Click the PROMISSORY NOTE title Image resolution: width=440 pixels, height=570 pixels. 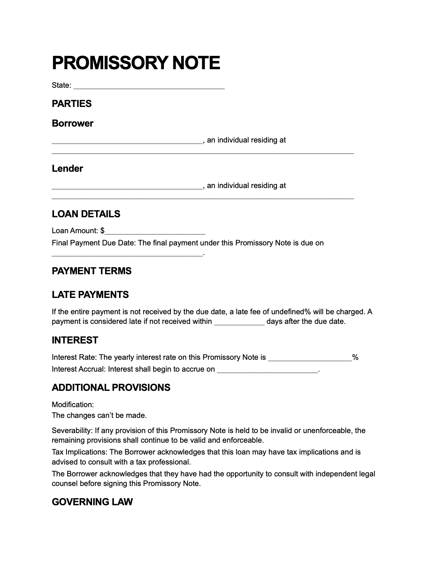click(136, 63)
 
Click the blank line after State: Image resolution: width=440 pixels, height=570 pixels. click(149, 86)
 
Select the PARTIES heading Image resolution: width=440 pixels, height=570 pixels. click(71, 104)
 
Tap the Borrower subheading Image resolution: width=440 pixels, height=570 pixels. click(72, 123)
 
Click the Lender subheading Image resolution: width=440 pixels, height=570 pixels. click(67, 168)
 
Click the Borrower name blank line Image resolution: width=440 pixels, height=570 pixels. click(127, 141)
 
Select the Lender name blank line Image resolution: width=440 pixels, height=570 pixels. click(127, 187)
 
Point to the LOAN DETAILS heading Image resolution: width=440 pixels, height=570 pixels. click(86, 214)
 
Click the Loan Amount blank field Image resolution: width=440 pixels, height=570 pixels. click(155, 232)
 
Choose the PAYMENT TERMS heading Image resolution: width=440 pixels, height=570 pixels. click(91, 271)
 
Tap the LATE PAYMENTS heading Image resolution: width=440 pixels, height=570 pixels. click(90, 295)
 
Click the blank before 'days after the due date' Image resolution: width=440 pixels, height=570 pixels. click(239, 322)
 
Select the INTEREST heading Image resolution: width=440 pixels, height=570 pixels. click(75, 340)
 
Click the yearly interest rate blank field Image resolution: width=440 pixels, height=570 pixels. click(310, 358)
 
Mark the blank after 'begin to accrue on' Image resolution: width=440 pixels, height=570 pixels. click(267, 370)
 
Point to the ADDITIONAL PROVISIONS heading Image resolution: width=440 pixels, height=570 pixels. click(111, 388)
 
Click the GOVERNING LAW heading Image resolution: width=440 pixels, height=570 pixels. click(92, 502)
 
